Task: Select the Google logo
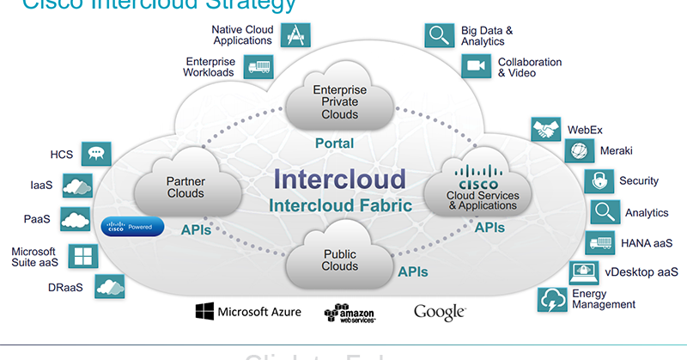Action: tap(440, 311)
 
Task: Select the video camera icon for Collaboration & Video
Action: tap(475, 66)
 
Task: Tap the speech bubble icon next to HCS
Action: tap(96, 155)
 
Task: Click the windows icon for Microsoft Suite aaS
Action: tap(84, 256)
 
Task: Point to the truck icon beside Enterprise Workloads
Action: tap(257, 67)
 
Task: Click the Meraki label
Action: tap(616, 150)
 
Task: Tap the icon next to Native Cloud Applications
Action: tap(295, 34)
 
